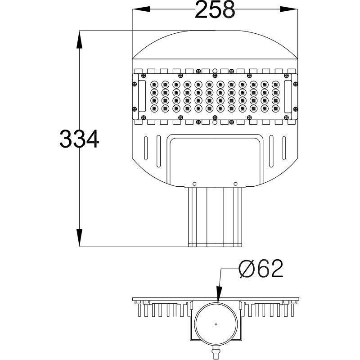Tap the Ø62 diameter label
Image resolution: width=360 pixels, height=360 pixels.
tap(261, 270)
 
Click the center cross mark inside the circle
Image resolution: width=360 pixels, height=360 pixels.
tap(216, 324)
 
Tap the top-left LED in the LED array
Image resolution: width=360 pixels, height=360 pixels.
tap(154, 84)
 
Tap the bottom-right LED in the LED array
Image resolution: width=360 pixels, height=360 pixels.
tap(275, 108)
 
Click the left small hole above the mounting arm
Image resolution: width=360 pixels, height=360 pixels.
tap(194, 183)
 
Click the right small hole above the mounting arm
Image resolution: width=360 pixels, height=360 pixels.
tap(235, 183)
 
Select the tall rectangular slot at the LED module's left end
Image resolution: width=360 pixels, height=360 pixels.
tap(142, 96)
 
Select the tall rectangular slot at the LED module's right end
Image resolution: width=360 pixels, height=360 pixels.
tap(288, 96)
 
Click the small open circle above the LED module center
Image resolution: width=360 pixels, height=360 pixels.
tap(215, 71)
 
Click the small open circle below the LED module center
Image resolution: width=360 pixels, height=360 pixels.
tap(215, 122)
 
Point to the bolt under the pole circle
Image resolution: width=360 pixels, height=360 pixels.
tap(216, 350)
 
